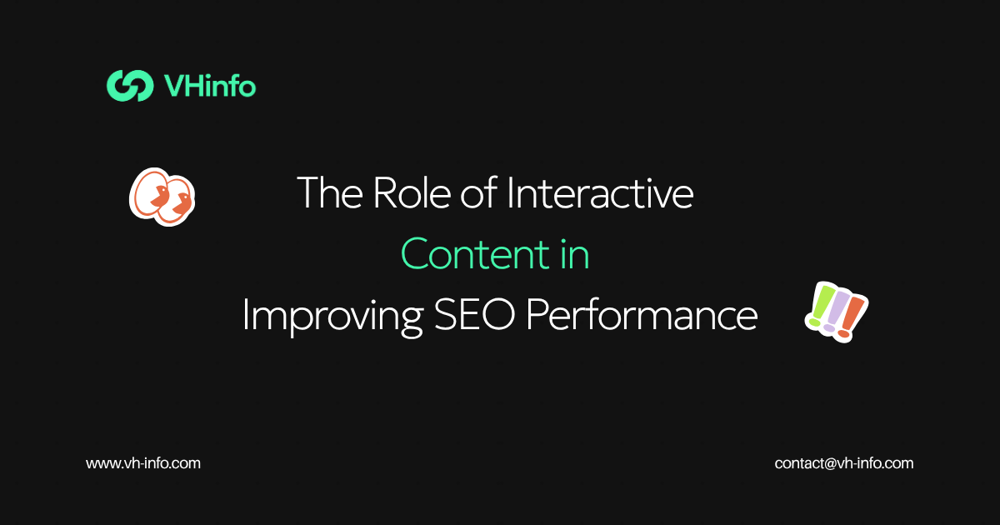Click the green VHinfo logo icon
coord(130,85)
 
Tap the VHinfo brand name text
coord(210,86)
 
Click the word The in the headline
coord(330,192)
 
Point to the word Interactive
coord(600,192)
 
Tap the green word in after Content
coord(575,254)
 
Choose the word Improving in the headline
coord(332,316)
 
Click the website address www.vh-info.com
coord(143,463)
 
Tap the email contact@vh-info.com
coord(843,463)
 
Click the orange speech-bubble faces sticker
coord(162,197)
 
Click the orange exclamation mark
coord(851,317)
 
